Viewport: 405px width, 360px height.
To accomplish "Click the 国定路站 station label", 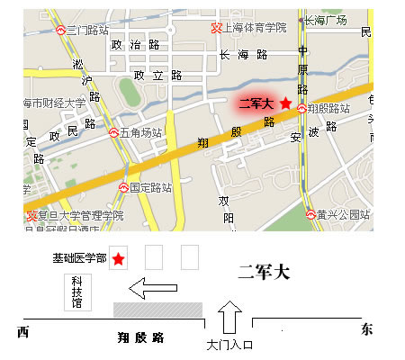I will [x=149, y=188].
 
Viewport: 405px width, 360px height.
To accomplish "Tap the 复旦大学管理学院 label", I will [x=81, y=215].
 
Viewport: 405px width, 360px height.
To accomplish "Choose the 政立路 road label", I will [x=152, y=76].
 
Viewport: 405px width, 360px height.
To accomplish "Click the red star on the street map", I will [x=285, y=104].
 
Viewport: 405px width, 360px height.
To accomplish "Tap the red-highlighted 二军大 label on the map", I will [x=256, y=104].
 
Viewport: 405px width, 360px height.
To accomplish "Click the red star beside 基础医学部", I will [x=117, y=259].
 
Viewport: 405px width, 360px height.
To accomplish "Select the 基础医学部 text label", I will [x=79, y=259].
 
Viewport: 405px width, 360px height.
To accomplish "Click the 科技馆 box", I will [x=77, y=292].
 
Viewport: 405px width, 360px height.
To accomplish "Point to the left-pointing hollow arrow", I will [x=152, y=290].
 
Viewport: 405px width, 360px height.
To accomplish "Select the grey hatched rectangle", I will [x=157, y=309].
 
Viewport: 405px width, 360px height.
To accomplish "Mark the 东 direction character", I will [x=365, y=329].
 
